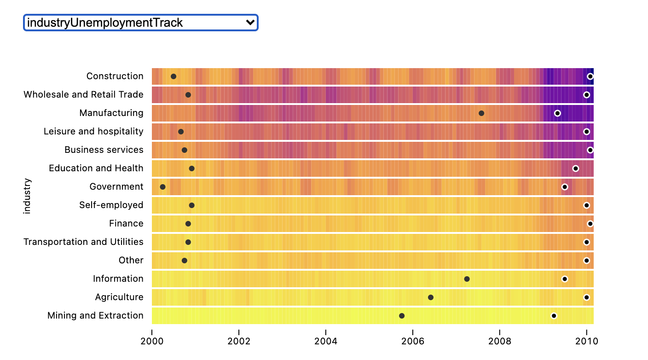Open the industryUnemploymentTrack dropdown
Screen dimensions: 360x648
click(x=140, y=23)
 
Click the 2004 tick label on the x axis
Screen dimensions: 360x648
click(x=326, y=341)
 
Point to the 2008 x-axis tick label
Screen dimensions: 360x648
click(x=500, y=341)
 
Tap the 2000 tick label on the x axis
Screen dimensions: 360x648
click(x=152, y=341)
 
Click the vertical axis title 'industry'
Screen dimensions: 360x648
click(x=27, y=196)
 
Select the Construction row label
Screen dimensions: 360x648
click(x=115, y=76)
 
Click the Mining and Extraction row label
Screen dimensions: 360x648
click(x=95, y=316)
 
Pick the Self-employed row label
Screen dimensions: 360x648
click(x=111, y=205)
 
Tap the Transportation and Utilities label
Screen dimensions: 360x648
click(x=83, y=242)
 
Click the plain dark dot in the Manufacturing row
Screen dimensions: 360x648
click(x=481, y=113)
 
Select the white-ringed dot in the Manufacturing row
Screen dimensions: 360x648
click(x=557, y=113)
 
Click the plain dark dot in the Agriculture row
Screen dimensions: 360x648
click(x=431, y=297)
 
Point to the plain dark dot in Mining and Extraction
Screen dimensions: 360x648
click(x=402, y=316)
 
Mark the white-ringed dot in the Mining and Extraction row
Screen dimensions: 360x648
click(x=554, y=316)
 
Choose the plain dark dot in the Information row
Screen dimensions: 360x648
click(x=467, y=279)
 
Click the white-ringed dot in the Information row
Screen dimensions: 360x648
click(x=565, y=279)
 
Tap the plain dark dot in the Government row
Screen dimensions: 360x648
click(x=162, y=187)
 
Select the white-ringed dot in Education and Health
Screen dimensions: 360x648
click(x=575, y=168)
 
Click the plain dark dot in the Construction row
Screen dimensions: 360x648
click(x=174, y=76)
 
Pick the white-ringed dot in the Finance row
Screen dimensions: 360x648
click(x=590, y=224)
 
